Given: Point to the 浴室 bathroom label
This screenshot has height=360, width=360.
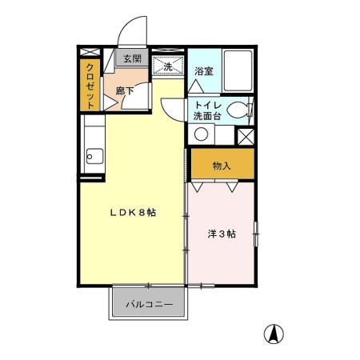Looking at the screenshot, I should click(204, 71).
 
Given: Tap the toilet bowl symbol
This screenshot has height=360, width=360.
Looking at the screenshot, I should click(239, 110).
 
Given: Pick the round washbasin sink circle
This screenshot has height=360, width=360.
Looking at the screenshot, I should click(199, 134).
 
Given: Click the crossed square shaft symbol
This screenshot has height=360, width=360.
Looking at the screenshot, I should click(247, 136).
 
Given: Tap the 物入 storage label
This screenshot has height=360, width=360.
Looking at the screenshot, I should click(222, 166).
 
